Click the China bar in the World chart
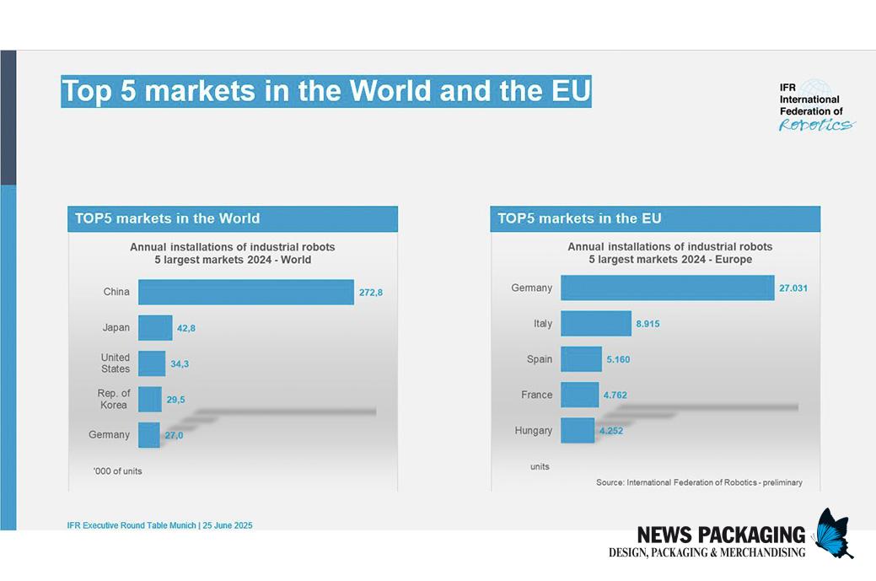tap(245, 292)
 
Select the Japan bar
tap(155, 328)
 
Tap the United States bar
tap(152, 363)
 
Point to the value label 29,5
tap(176, 400)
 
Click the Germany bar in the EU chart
tap(667, 288)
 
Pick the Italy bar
tap(595, 324)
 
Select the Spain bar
tap(581, 359)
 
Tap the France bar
tap(579, 395)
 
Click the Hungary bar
tap(578, 430)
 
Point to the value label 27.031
tap(793, 288)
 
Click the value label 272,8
tap(371, 293)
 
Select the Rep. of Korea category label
tap(114, 399)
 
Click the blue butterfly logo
tap(833, 532)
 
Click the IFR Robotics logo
tap(814, 106)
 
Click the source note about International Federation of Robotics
tap(699, 482)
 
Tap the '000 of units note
tap(118, 471)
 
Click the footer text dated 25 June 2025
tap(159, 525)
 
